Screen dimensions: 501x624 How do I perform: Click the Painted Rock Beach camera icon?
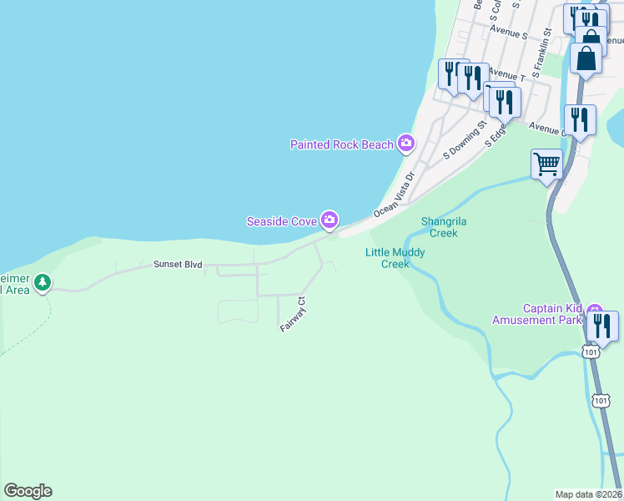click(x=406, y=144)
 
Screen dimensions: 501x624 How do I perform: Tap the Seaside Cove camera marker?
click(x=330, y=220)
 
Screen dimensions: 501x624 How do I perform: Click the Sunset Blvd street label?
click(x=178, y=264)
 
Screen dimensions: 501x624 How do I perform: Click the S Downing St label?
click(x=465, y=139)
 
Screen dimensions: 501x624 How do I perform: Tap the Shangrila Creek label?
click(x=440, y=227)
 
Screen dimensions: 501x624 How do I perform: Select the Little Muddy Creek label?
click(x=395, y=258)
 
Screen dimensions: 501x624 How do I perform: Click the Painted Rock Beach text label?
click(x=341, y=144)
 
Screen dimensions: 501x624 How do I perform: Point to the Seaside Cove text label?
click(x=281, y=221)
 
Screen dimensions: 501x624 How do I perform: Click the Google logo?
click(x=28, y=491)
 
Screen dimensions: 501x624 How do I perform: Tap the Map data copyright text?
click(x=588, y=493)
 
